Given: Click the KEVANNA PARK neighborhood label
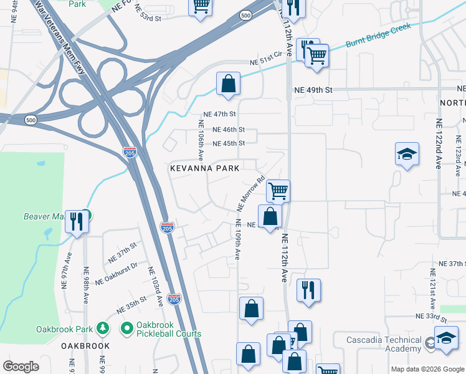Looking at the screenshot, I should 205,168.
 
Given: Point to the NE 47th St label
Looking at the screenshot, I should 220,115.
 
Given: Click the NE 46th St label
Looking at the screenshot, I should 228,130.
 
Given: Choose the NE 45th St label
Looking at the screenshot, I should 228,143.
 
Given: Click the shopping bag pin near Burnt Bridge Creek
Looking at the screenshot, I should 229,84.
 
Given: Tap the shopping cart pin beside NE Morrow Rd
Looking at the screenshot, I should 278,190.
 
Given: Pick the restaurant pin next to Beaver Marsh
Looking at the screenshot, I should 77,221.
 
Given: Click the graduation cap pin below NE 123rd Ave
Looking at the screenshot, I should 407,154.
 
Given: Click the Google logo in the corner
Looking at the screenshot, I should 21,367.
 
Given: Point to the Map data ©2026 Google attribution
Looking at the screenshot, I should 427,369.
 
